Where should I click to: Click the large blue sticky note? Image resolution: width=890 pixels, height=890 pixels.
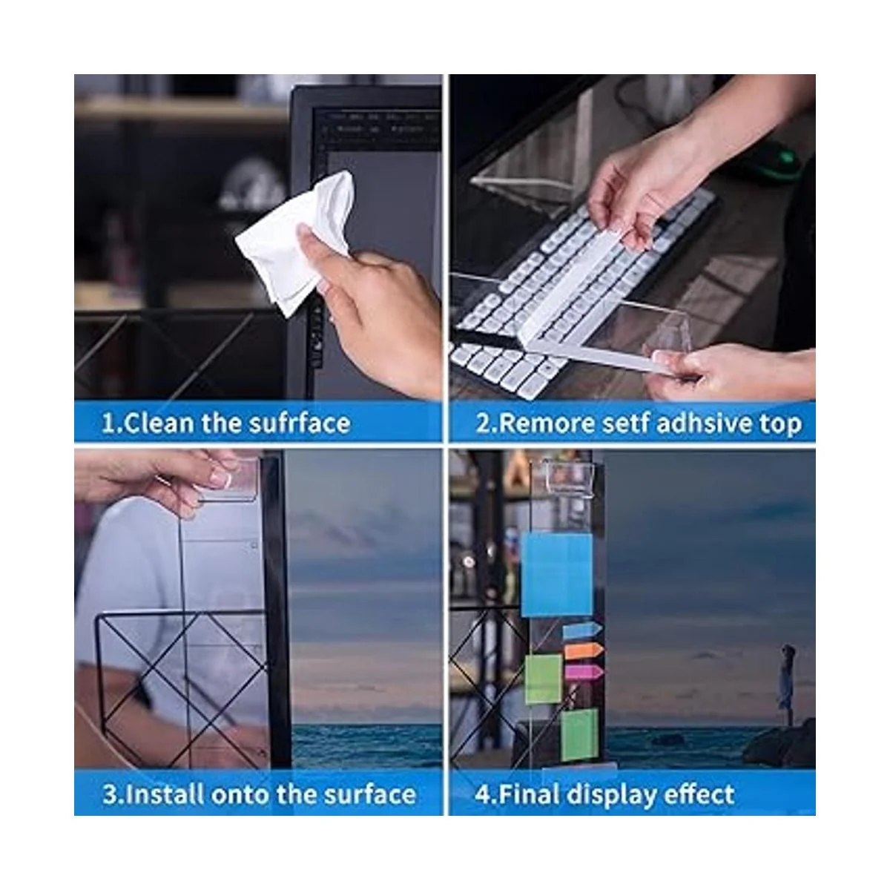point(556,575)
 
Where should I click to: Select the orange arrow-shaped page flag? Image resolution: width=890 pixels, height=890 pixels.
point(584,650)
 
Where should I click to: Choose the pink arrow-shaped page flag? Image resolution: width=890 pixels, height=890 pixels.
point(584,672)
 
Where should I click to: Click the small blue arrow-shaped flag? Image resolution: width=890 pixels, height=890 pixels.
point(582,629)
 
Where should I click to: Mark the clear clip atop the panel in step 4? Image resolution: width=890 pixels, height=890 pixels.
point(568,475)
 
